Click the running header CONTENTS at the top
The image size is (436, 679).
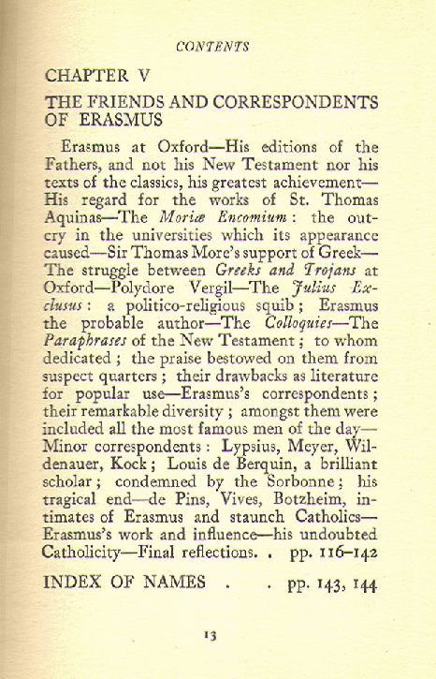216,44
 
